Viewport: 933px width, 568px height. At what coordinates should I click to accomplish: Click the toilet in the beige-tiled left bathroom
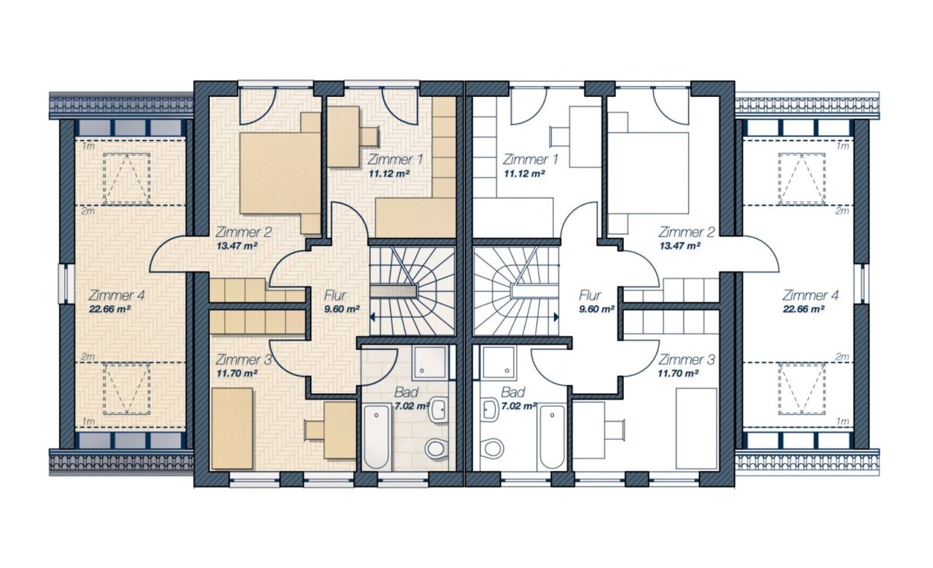pos(435,449)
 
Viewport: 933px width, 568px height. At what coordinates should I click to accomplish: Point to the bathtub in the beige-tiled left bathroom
pos(377,436)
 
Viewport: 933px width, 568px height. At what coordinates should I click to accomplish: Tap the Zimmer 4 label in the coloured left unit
pos(117,295)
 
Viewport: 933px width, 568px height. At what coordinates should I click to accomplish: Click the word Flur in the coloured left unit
pos(335,295)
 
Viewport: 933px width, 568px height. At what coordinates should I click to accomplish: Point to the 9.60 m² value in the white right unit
pos(596,309)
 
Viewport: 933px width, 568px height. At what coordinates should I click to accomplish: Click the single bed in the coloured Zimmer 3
pos(233,429)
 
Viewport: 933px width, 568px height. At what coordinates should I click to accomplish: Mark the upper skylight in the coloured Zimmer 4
pos(127,179)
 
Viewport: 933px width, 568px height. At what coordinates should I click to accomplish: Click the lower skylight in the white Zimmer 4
pos(801,389)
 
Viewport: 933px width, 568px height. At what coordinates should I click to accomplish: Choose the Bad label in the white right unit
pos(512,392)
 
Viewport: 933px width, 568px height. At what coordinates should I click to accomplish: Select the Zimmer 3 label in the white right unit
pos(687,359)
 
